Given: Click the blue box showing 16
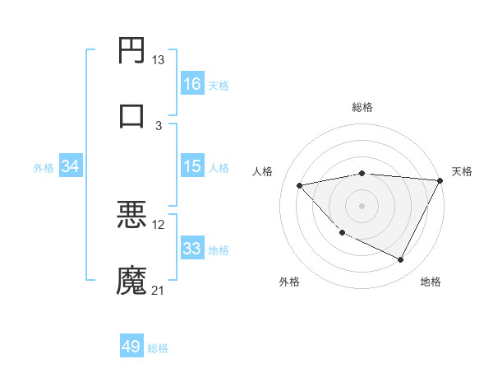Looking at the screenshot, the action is [192, 84].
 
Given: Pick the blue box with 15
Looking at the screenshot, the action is [192, 166].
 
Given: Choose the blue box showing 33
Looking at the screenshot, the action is [192, 249].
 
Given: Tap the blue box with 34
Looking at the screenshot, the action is [71, 166].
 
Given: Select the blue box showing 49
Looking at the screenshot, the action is [131, 347].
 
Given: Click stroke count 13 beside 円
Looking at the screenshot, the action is [158, 60].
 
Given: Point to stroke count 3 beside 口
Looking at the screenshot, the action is [159, 125].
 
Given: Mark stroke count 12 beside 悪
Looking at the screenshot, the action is [159, 225].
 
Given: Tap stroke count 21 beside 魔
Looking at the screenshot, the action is [159, 290].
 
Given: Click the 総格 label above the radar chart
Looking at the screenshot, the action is [362, 107].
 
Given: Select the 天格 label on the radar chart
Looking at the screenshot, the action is [462, 171].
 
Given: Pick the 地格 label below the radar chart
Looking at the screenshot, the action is [431, 282].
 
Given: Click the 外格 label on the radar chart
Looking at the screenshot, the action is [289, 282].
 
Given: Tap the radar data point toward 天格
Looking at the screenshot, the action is [440, 180].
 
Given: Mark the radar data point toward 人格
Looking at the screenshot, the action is [300, 185].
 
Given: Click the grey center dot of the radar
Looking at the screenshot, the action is [362, 205].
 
